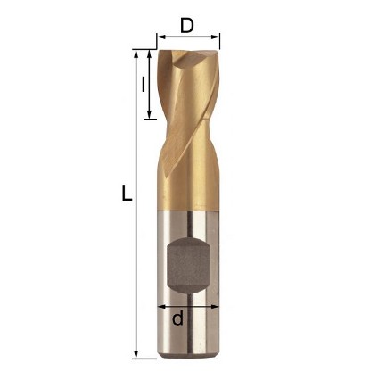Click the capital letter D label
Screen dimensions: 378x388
coord(187,26)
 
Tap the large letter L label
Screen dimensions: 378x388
coord(127,193)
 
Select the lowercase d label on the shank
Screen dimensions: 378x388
coord(177,318)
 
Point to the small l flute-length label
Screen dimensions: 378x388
coord(144,84)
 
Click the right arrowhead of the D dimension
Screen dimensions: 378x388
coord(216,37)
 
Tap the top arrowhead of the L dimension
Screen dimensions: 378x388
coord(136,54)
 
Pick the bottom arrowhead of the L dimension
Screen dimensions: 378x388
coord(136,354)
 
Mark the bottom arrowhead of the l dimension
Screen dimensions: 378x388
coord(150,114)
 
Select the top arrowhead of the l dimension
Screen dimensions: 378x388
coord(150,54)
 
